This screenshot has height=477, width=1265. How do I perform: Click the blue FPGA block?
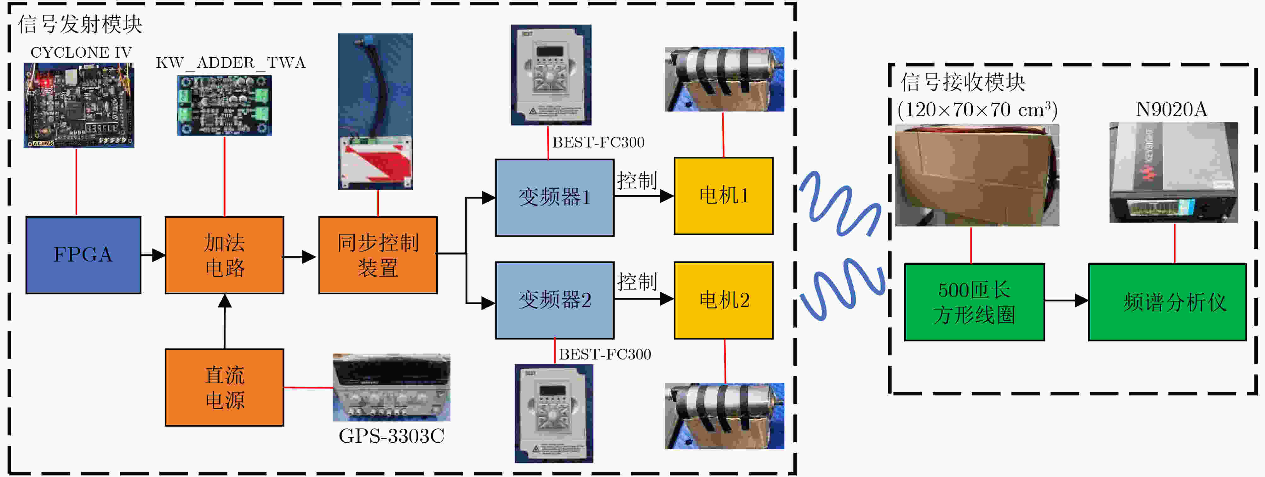[83, 255]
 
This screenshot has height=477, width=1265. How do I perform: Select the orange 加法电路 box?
[224, 255]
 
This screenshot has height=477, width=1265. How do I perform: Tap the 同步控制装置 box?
[378, 255]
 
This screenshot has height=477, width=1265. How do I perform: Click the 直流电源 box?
[224, 387]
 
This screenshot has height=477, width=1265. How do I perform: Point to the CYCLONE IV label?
[81, 53]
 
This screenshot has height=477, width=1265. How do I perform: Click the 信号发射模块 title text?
[80, 24]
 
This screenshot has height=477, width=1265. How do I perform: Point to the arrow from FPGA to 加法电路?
[153, 255]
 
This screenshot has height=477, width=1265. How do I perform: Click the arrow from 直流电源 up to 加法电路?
[224, 322]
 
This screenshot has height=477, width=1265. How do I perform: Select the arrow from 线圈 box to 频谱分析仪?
[1067, 300]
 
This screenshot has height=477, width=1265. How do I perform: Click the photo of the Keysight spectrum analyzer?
[1173, 172]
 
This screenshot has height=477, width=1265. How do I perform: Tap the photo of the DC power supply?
[392, 388]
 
